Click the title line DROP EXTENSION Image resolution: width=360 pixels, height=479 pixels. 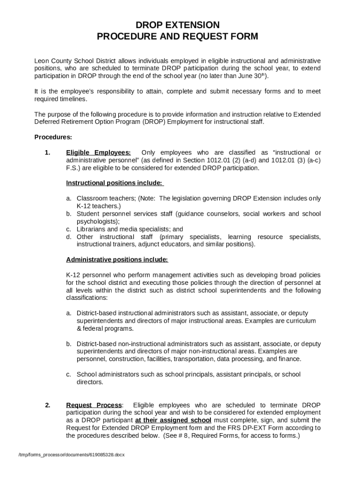coord(177,25)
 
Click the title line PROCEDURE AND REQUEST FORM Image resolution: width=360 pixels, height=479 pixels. coord(177,37)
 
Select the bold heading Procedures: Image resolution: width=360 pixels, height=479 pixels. coord(53,137)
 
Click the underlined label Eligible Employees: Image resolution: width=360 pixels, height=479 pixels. coord(99,152)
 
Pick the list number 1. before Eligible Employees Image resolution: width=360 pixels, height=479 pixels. coord(47,152)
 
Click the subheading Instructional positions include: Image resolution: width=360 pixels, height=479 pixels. coord(115,182)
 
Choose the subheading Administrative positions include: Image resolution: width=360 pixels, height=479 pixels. coord(117,259)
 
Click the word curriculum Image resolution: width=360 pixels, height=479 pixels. coord(302,320)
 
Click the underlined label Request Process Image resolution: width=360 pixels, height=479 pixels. coord(94,405)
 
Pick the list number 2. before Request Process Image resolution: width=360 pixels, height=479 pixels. coord(47,405)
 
